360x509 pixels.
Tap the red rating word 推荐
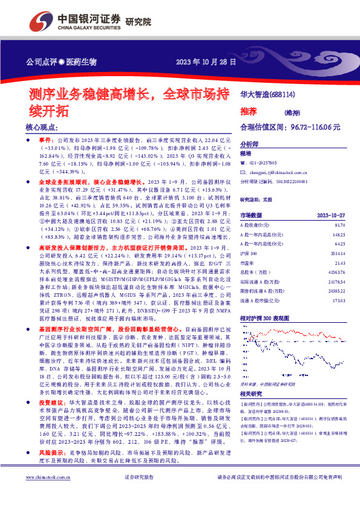[249, 112]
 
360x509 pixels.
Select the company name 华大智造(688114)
[267, 95]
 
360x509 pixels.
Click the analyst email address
[276, 172]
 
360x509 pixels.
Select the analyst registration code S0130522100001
[287, 181]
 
